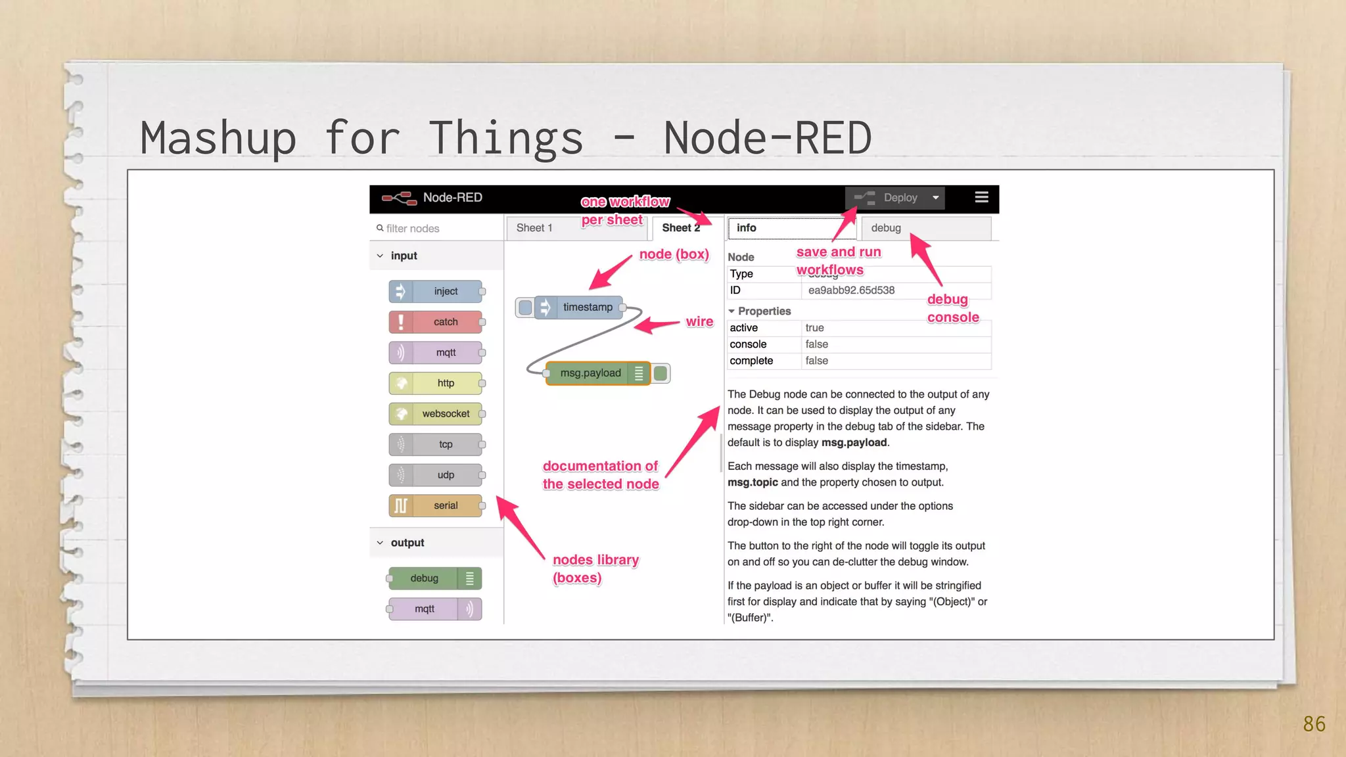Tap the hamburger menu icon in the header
click(x=981, y=197)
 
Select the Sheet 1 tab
click(x=534, y=228)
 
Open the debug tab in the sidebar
click(x=886, y=228)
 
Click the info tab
click(x=747, y=228)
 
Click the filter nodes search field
click(x=434, y=228)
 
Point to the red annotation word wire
click(x=699, y=322)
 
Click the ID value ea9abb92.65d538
click(x=851, y=290)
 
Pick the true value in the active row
click(x=814, y=328)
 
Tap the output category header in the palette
click(x=407, y=543)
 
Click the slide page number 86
click(x=1314, y=724)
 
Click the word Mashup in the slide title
click(x=218, y=139)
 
